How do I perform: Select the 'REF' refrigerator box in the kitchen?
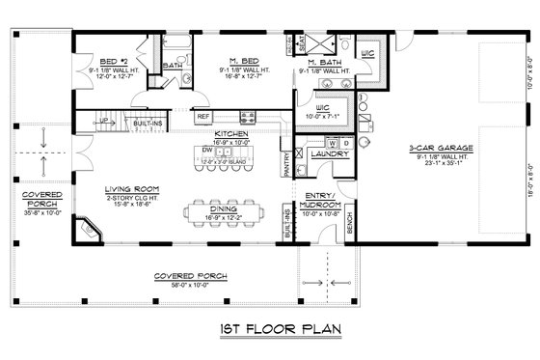(x=203, y=117)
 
